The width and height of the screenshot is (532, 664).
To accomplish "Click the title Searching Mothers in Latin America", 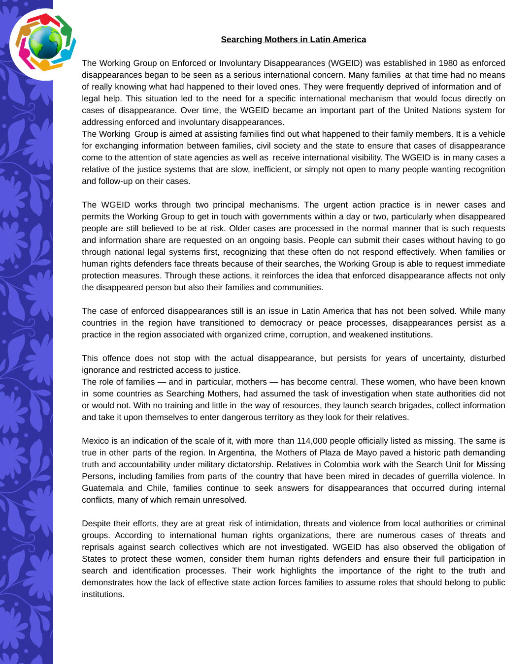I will click(293, 39).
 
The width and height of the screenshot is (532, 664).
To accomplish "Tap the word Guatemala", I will click(102, 488).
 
